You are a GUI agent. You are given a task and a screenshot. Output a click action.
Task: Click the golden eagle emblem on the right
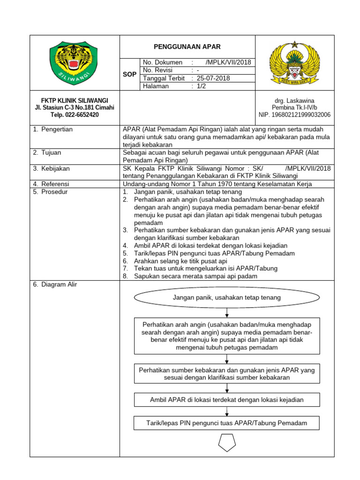point(294,63)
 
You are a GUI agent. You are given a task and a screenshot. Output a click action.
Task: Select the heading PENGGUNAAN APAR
point(187,47)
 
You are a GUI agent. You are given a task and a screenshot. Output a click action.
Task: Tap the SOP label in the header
point(129,75)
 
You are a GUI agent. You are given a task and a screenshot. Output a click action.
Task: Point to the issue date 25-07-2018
point(213,78)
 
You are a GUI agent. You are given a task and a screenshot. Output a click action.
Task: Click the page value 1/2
point(201,86)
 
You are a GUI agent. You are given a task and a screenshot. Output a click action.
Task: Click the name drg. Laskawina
point(294,101)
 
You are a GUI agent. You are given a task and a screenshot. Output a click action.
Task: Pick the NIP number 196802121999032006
point(294,114)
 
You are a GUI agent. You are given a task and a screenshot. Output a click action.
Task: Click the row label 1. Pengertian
point(53,129)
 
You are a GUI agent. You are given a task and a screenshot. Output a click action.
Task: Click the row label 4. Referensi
point(52,184)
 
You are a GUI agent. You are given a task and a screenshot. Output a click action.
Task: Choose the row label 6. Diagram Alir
point(55,285)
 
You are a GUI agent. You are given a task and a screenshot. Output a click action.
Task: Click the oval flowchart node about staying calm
point(227,298)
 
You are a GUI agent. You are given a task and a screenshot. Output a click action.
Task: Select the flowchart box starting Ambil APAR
point(227,400)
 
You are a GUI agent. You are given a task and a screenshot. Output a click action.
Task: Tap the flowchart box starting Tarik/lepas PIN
point(227,423)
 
